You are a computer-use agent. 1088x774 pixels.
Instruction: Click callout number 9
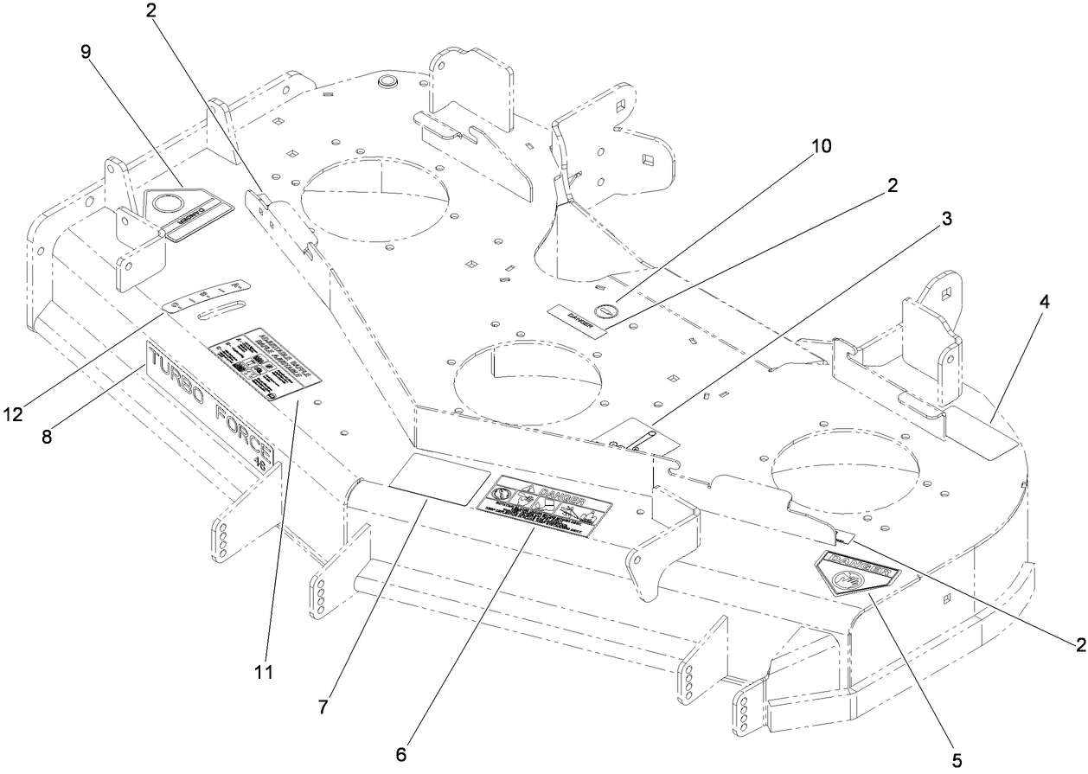tap(85, 51)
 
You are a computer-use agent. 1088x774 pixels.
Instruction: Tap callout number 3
tap(947, 219)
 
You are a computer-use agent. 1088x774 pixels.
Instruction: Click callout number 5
tap(956, 759)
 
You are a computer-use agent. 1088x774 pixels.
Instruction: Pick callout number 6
tap(400, 752)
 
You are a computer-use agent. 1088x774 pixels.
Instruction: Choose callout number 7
tap(322, 707)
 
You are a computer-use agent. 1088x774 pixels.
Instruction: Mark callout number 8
tap(47, 437)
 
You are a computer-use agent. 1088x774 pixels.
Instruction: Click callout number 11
tap(264, 671)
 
